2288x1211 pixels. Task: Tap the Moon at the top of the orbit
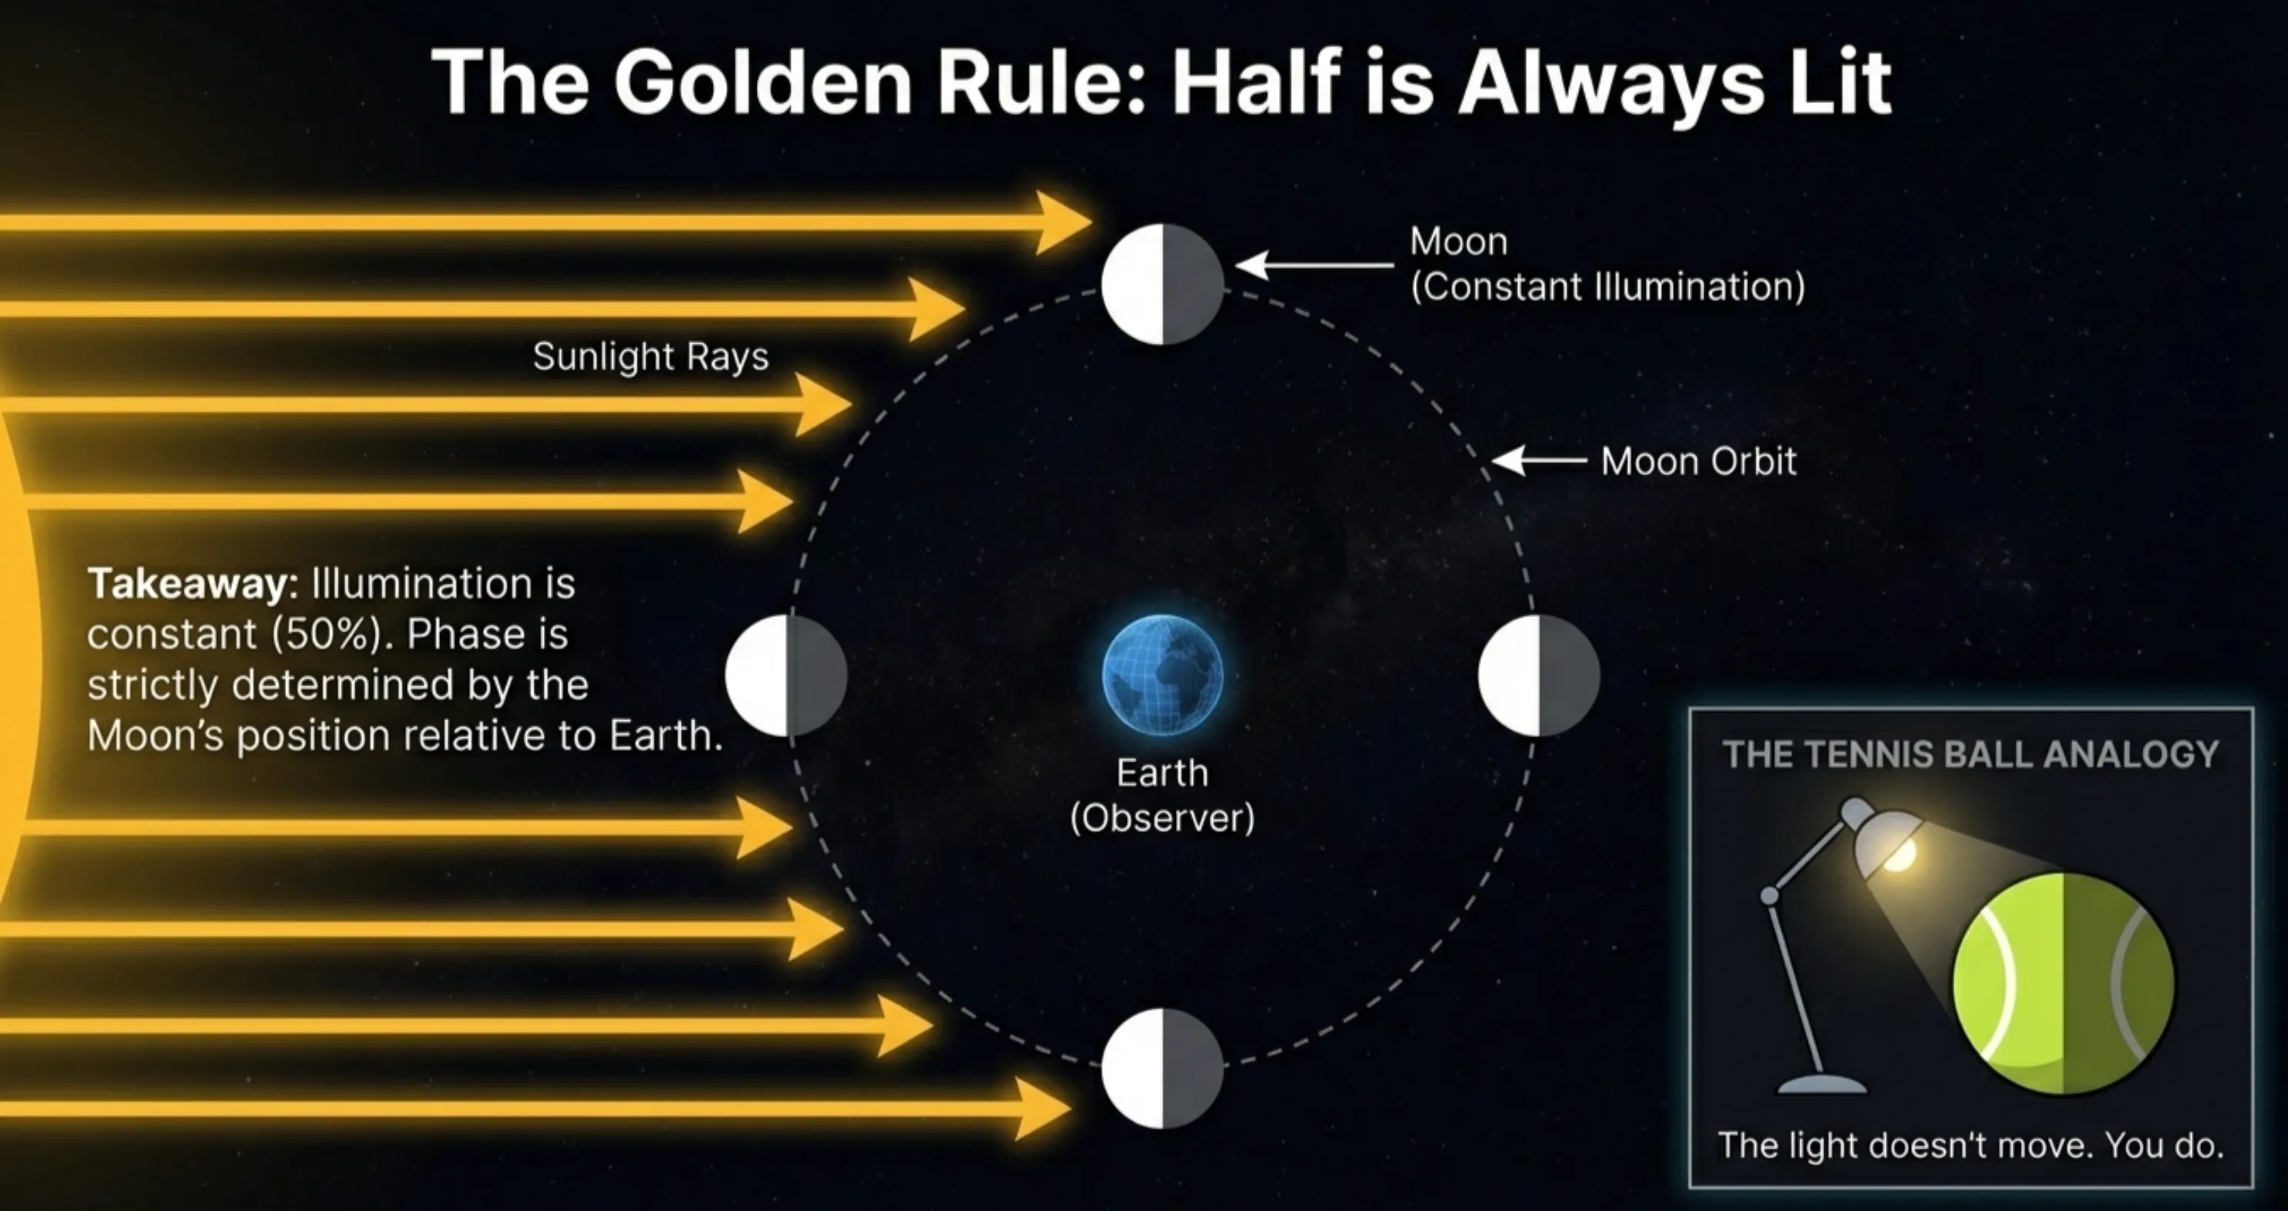click(x=1162, y=285)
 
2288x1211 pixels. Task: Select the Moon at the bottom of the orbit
click(x=1162, y=1068)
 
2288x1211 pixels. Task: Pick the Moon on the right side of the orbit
click(x=1538, y=676)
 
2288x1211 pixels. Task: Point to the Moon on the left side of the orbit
click(x=786, y=676)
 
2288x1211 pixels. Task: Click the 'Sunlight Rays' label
click(x=650, y=357)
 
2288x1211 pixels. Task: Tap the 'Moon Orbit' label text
click(x=1698, y=461)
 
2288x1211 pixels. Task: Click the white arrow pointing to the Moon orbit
click(x=1538, y=461)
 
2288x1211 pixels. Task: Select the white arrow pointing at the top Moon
click(x=1314, y=265)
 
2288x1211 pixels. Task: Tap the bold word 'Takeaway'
click(x=189, y=584)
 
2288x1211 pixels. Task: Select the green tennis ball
click(x=2063, y=982)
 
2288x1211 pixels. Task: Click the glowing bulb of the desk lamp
click(x=1899, y=855)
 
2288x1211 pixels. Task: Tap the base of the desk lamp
click(x=1822, y=1084)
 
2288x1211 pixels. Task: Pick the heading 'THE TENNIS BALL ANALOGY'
click(x=1970, y=754)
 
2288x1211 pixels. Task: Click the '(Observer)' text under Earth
click(x=1162, y=817)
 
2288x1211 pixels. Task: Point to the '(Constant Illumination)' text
click(x=1607, y=287)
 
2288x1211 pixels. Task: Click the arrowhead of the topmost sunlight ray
click(x=1062, y=222)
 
